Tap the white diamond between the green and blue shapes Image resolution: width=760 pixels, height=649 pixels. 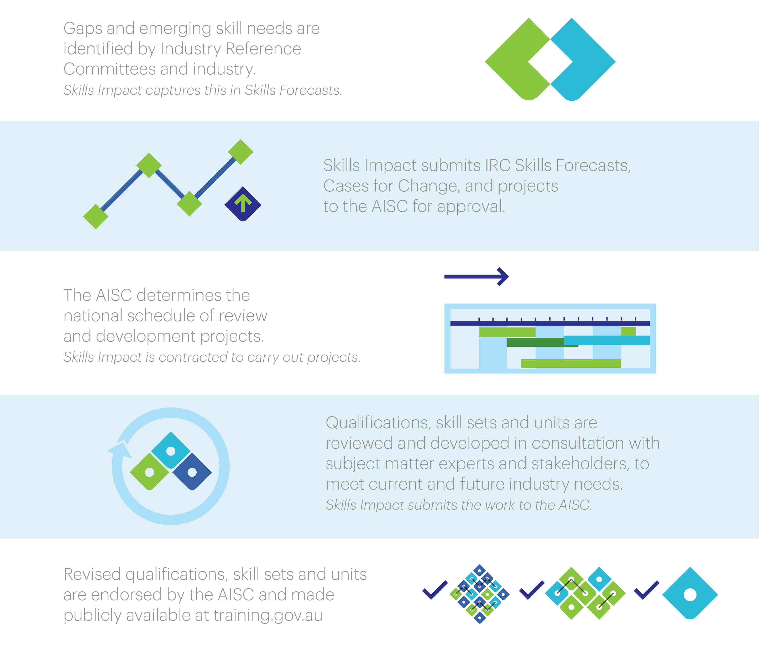[550, 62]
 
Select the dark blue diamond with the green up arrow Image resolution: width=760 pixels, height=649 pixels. [243, 204]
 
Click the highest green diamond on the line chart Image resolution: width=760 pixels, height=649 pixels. [241, 152]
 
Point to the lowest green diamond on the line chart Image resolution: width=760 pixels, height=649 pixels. [96, 217]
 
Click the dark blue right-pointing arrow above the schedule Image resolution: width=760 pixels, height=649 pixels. [476, 277]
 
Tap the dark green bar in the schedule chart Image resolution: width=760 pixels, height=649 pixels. [542, 342]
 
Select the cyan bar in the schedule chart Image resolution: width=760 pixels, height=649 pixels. [607, 340]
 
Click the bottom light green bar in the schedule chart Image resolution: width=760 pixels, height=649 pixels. [571, 363]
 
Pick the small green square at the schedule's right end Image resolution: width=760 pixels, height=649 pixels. [628, 331]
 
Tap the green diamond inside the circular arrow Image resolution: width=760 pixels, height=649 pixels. [150, 472]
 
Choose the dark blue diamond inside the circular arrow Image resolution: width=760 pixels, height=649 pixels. [192, 472]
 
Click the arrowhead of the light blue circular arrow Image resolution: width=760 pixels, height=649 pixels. [120, 450]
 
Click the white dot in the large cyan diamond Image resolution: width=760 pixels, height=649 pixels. [690, 595]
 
